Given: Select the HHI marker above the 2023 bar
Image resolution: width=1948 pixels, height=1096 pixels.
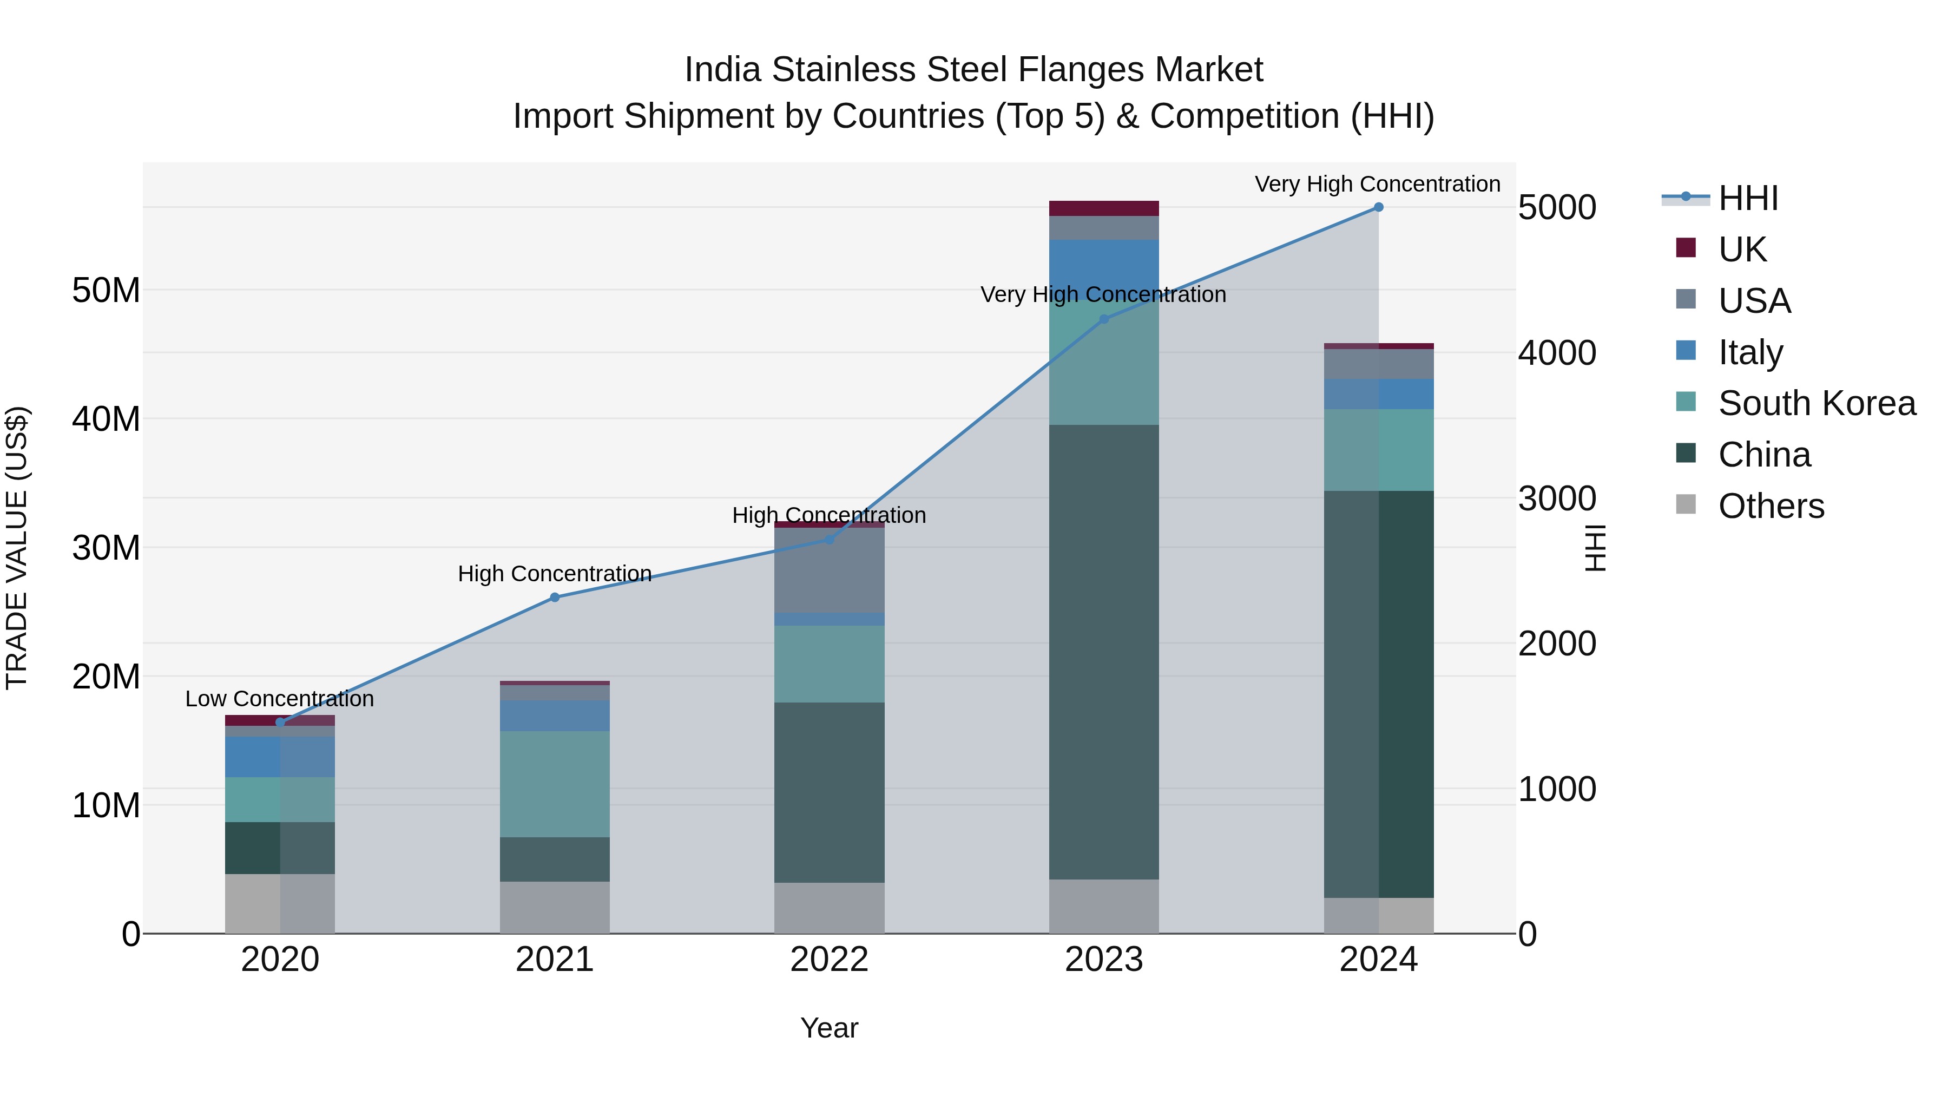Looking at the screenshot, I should click(1103, 319).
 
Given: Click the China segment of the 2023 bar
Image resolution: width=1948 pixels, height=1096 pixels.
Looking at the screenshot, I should click(1103, 651).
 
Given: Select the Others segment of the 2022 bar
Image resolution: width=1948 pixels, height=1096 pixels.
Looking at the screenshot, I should click(829, 908).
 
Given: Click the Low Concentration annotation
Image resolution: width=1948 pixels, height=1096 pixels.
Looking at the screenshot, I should click(279, 699).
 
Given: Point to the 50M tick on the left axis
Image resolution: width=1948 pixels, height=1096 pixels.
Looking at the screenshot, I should click(106, 291).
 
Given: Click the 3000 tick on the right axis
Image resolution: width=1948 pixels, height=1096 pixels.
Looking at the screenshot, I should click(1557, 498).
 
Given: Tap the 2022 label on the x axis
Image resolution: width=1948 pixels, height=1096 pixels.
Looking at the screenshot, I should click(829, 960).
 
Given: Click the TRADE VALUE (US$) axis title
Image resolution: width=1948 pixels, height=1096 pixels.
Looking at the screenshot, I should click(17, 548).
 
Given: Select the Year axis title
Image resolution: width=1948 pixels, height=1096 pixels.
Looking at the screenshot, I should click(829, 1028).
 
